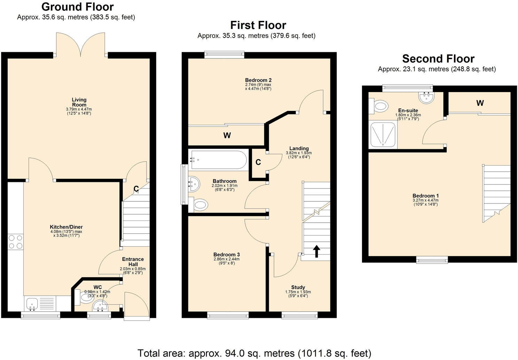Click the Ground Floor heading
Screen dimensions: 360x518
pyautogui.click(x=77, y=7)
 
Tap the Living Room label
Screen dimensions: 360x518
pyautogui.click(x=79, y=102)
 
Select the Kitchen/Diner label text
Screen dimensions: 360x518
pyautogui.click(x=66, y=227)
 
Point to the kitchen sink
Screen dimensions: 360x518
pyautogui.click(x=32, y=304)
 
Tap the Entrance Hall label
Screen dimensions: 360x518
pyautogui.click(x=133, y=262)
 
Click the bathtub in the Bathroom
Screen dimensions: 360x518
pyautogui.click(x=217, y=160)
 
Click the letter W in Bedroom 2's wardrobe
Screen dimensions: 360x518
pyautogui.click(x=227, y=135)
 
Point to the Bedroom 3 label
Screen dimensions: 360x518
pyautogui.click(x=227, y=255)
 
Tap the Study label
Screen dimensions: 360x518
pyautogui.click(x=298, y=287)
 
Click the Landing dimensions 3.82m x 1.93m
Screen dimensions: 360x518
pyautogui.click(x=299, y=153)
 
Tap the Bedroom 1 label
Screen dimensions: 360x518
pyautogui.click(x=425, y=195)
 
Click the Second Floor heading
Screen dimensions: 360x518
pyautogui.click(x=438, y=58)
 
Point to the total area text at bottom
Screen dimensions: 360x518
pyautogui.click(x=254, y=353)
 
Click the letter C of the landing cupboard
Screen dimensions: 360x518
pyautogui.click(x=258, y=162)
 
